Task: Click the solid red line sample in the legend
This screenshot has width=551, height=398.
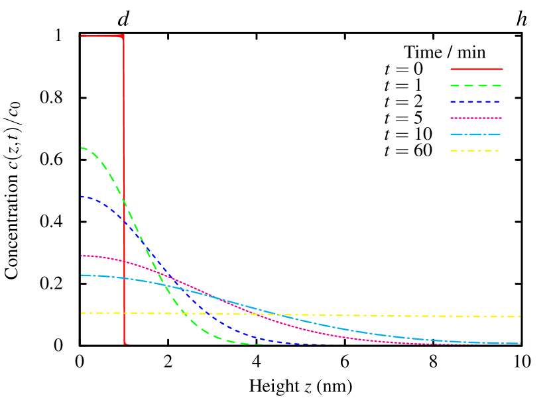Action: coord(476,69)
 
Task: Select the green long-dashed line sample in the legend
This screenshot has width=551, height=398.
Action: coord(476,85)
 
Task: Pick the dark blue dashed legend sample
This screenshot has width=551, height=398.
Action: coord(476,102)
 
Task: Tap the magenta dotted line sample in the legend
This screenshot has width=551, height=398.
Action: coord(476,118)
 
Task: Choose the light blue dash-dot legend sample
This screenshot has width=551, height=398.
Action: coord(476,134)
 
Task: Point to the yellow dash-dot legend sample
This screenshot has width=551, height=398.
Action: coord(476,151)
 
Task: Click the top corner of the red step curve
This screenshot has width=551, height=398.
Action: coord(123,36)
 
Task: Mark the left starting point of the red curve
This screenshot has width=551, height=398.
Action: coord(81,36)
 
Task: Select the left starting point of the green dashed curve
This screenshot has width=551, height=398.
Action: coord(81,148)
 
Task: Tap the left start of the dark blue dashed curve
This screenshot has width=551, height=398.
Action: coord(81,196)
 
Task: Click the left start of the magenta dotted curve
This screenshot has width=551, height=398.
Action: coord(81,256)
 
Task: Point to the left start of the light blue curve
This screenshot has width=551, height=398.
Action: coord(81,275)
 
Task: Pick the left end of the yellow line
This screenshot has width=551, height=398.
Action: coord(81,313)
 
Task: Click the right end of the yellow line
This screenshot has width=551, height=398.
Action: coord(520,317)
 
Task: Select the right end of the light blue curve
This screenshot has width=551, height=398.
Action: coord(520,343)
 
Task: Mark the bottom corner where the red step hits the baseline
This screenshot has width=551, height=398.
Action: coord(125,344)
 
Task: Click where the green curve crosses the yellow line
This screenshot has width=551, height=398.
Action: coord(183,313)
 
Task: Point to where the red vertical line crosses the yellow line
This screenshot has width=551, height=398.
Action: coord(124,313)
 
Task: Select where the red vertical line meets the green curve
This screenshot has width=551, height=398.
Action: coord(124,201)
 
